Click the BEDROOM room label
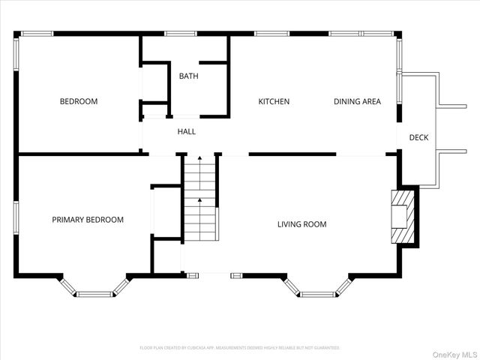[x=79, y=101]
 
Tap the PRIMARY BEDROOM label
[x=88, y=220]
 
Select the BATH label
[x=188, y=76]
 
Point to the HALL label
[x=186, y=132]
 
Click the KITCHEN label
[x=274, y=101]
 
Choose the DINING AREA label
[x=357, y=101]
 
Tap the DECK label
[x=418, y=137]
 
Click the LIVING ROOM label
[x=301, y=224]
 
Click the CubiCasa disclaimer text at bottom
[x=240, y=348]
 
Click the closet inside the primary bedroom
[x=166, y=212]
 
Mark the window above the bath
[x=181, y=33]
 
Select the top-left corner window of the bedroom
[x=36, y=33]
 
